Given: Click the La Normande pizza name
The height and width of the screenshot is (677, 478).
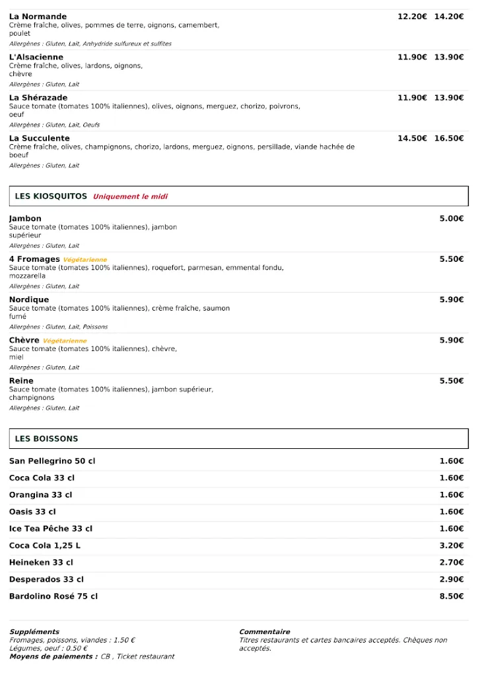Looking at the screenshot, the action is point(38,17).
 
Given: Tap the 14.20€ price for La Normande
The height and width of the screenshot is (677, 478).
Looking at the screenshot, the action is point(448,17).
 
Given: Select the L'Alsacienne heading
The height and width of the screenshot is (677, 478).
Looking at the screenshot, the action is point(36,58).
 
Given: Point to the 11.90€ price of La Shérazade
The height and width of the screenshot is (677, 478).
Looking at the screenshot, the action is point(412,98).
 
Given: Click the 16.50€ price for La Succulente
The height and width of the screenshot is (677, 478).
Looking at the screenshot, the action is point(448,138).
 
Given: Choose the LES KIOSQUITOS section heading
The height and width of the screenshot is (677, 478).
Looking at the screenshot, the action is point(51,196).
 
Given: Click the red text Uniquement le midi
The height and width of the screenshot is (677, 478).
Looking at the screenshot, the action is point(130,197).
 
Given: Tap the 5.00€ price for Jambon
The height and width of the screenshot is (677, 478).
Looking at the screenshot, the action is point(452,219).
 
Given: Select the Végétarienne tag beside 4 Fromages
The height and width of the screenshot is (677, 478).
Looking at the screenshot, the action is point(85,260).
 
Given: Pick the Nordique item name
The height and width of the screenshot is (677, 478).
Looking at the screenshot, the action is point(29,300).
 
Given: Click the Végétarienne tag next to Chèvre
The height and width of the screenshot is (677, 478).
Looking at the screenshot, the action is point(65,341).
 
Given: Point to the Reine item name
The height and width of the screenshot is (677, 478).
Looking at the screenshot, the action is point(21,381).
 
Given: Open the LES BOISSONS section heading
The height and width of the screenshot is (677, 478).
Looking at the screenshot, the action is point(46,439).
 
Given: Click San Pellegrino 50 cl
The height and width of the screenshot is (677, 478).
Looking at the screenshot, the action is point(52,461).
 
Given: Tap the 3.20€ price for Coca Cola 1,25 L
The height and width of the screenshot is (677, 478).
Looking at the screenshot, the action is point(452,545).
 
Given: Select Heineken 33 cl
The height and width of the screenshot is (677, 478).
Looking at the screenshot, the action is point(41,563).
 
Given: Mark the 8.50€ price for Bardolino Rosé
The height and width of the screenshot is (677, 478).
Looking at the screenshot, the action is point(452,596).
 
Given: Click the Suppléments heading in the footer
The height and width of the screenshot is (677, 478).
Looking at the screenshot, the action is point(34,632).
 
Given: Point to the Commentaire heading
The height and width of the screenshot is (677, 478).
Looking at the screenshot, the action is point(264,632).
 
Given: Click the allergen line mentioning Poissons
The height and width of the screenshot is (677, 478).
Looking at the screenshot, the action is point(58,327).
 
